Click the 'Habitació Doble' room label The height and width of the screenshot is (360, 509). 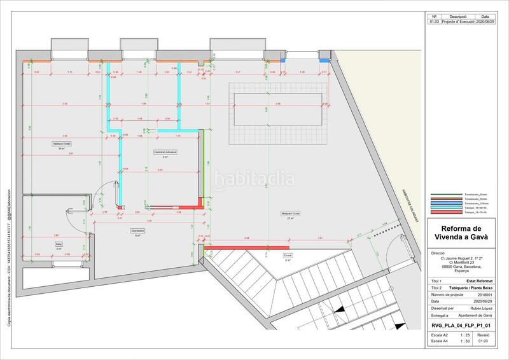(62, 144)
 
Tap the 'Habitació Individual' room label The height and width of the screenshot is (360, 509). (165, 152)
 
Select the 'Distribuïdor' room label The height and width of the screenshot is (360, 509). (138, 230)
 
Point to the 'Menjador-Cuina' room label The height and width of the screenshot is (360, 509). (291, 213)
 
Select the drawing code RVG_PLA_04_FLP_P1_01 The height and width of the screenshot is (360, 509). (461, 324)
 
